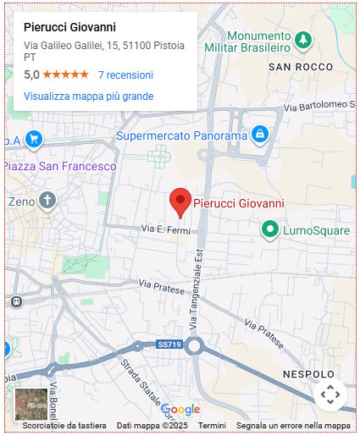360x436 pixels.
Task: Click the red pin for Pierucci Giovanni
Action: pyautogui.click(x=180, y=201)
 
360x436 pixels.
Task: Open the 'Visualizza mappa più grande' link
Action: pyautogui.click(x=88, y=97)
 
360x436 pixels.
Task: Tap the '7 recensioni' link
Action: pyautogui.click(x=125, y=75)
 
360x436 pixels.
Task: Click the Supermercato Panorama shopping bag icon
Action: pyautogui.click(x=260, y=134)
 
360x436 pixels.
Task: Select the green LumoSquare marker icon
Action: pyautogui.click(x=269, y=229)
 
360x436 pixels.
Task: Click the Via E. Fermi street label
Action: pyautogui.click(x=162, y=229)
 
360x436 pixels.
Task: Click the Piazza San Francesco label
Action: pyautogui.click(x=59, y=167)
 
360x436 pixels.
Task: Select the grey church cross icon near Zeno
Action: pyautogui.click(x=47, y=201)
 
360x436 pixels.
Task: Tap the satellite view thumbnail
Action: pyautogui.click(x=31, y=403)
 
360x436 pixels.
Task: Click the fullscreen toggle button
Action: pyautogui.click(x=330, y=394)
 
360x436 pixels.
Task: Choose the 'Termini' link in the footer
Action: pyautogui.click(x=213, y=426)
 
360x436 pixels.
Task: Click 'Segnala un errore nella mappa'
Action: pyautogui.click(x=293, y=426)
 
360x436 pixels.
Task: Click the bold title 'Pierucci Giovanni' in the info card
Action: pyautogui.click(x=69, y=26)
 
